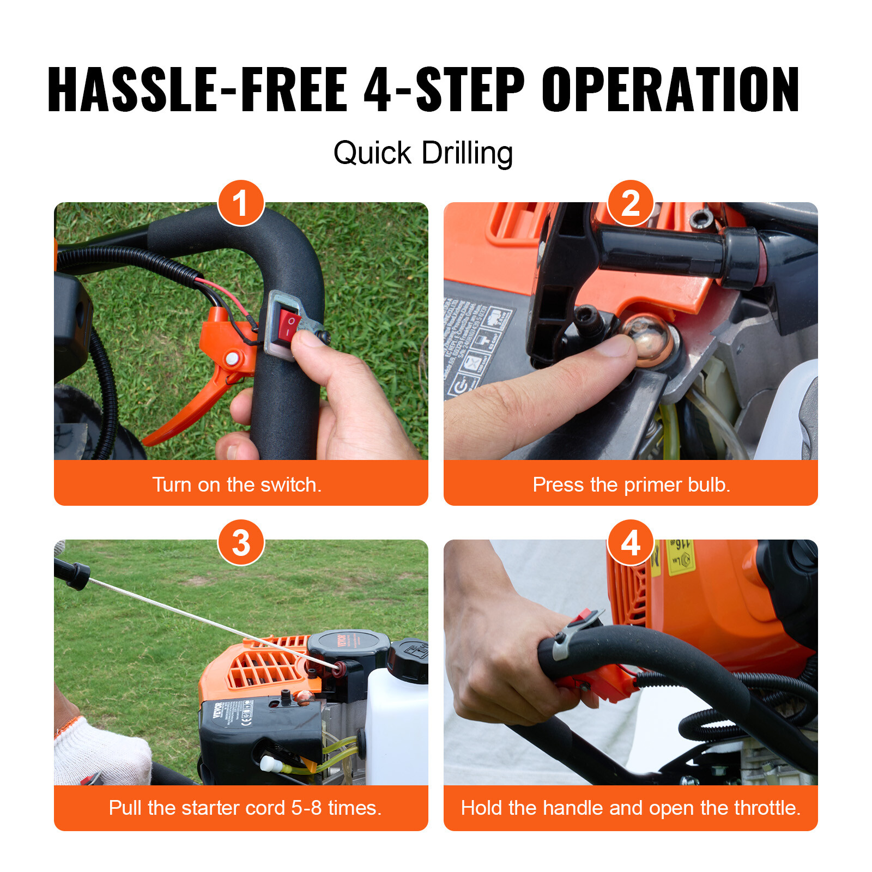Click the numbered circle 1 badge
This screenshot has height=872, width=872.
pyautogui.click(x=241, y=203)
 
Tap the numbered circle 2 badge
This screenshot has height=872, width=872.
pyautogui.click(x=631, y=203)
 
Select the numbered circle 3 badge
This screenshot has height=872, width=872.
pyautogui.click(x=241, y=543)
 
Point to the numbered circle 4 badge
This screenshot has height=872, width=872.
pyautogui.click(x=631, y=543)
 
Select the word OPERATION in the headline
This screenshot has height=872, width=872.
pyautogui.click(x=670, y=90)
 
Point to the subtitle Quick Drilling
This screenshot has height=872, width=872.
pyautogui.click(x=423, y=153)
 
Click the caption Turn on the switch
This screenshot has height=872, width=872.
pyautogui.click(x=237, y=485)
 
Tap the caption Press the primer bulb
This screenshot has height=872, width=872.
pyautogui.click(x=631, y=485)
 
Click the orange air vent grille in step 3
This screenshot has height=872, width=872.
pyautogui.click(x=262, y=668)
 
